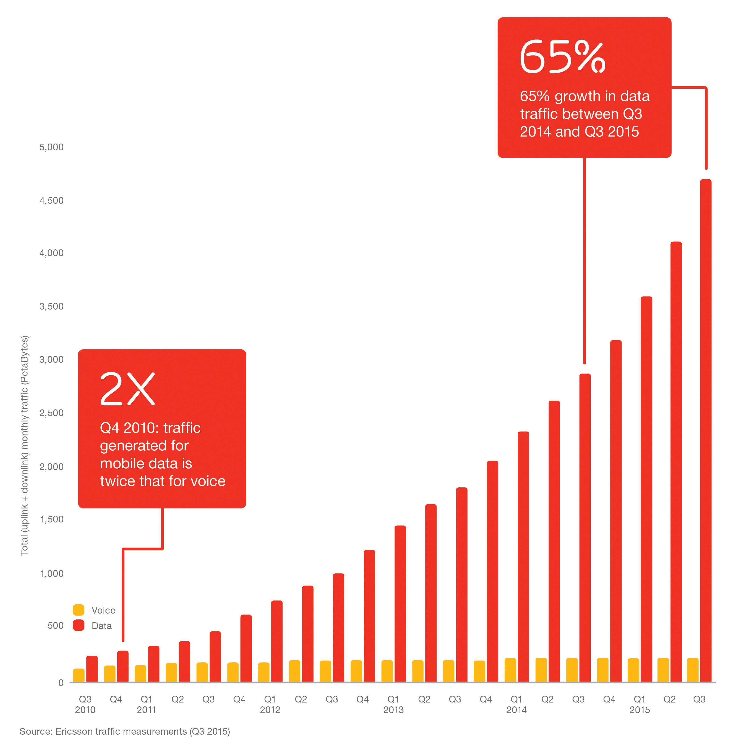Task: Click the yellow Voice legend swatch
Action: click(78, 610)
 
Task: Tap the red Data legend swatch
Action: click(78, 625)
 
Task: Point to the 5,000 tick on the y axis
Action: click(51, 147)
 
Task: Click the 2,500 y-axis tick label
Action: click(51, 413)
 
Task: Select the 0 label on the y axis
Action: click(61, 683)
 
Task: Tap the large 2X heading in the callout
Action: click(127, 389)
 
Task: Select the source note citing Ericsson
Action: click(125, 731)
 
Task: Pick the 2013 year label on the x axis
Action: click(393, 710)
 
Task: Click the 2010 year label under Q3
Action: click(85, 710)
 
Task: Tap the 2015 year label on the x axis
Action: click(639, 710)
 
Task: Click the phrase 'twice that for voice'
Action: click(163, 481)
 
